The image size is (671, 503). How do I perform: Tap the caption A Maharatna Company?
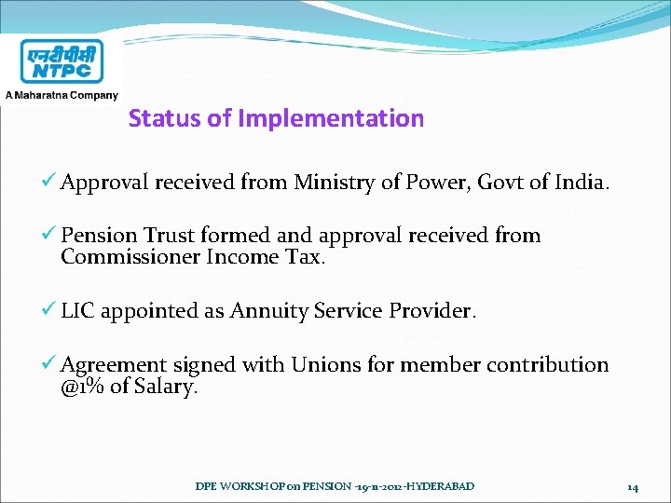click(x=62, y=94)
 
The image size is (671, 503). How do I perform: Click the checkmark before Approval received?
click(x=50, y=183)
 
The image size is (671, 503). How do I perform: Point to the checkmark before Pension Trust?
click(x=50, y=235)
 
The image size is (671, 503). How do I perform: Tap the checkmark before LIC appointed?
click(x=50, y=311)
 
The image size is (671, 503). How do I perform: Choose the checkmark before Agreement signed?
click(x=50, y=365)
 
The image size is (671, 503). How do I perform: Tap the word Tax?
click(x=304, y=256)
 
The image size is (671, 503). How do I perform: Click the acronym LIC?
click(x=77, y=311)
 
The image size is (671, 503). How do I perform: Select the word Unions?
click(x=327, y=365)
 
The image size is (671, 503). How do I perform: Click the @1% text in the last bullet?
click(x=82, y=387)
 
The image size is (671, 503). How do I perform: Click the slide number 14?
click(x=632, y=486)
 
